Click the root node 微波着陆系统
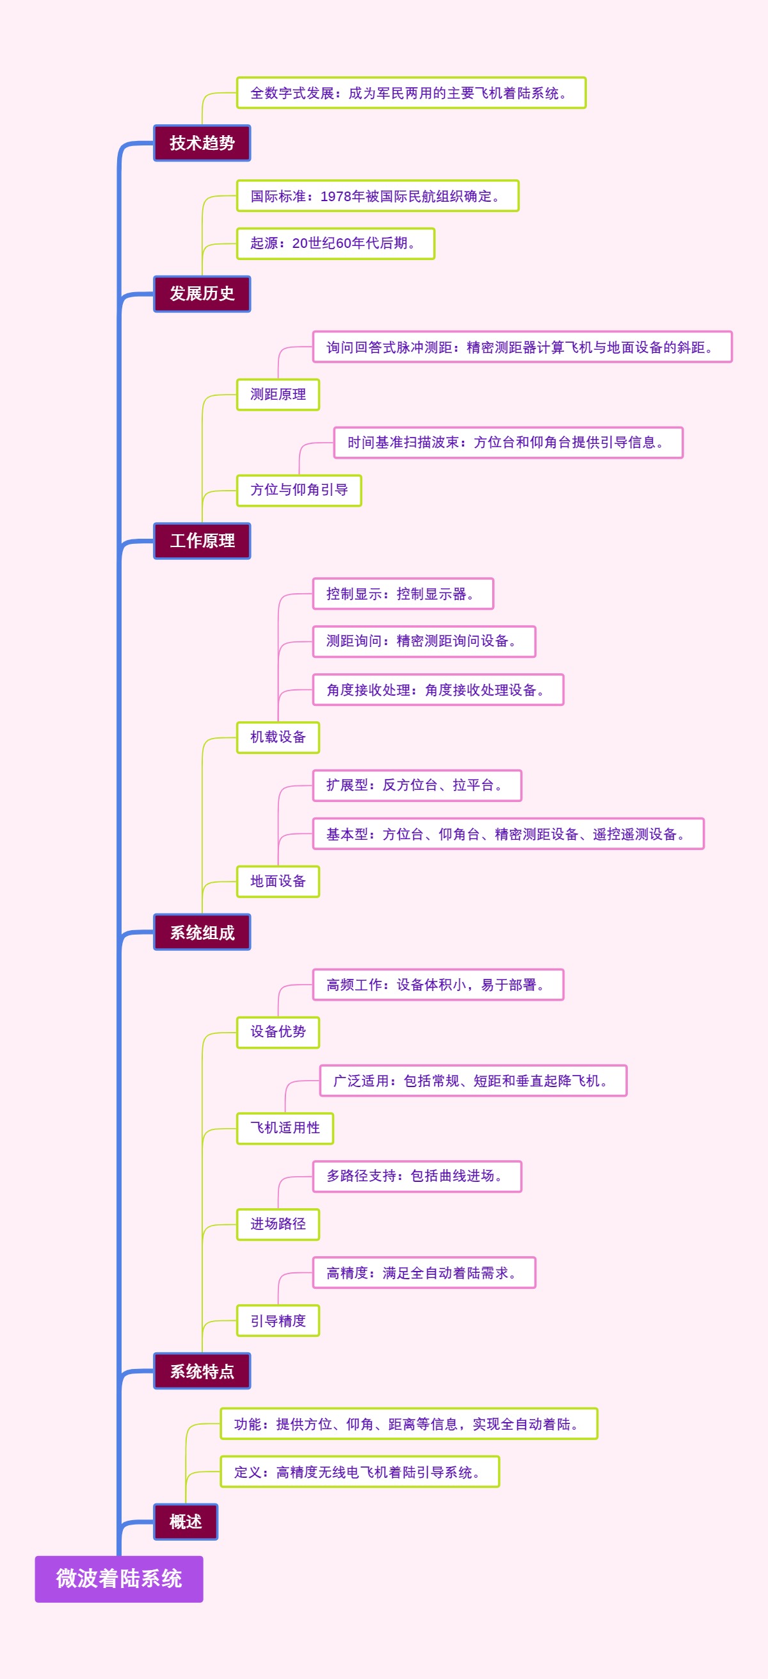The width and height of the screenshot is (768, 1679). click(118, 1578)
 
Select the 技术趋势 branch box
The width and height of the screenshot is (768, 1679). click(202, 143)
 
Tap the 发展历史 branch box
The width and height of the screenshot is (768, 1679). click(202, 293)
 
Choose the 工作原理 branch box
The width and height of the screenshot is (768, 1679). click(202, 540)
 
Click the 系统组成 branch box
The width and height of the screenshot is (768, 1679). click(202, 932)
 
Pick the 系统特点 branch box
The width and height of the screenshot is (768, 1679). click(202, 1371)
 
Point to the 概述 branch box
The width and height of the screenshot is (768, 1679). click(186, 1521)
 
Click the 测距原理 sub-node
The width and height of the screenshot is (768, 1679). click(278, 395)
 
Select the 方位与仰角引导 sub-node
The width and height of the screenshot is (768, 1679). click(299, 490)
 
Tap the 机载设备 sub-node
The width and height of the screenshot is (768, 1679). click(278, 737)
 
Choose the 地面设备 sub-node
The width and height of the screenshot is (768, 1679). click(278, 881)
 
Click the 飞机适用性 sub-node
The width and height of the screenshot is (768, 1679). click(285, 1128)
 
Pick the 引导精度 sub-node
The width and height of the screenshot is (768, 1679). click(278, 1320)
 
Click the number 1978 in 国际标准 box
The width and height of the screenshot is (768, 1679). click(335, 196)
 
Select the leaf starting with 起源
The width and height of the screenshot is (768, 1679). click(335, 243)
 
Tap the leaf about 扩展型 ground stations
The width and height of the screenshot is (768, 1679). click(417, 785)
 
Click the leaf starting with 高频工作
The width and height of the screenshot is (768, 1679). click(438, 984)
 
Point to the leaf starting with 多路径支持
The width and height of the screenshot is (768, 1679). click(417, 1176)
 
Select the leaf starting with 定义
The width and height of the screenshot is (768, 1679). click(360, 1471)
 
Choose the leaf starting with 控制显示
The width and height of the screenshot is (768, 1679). click(403, 594)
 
